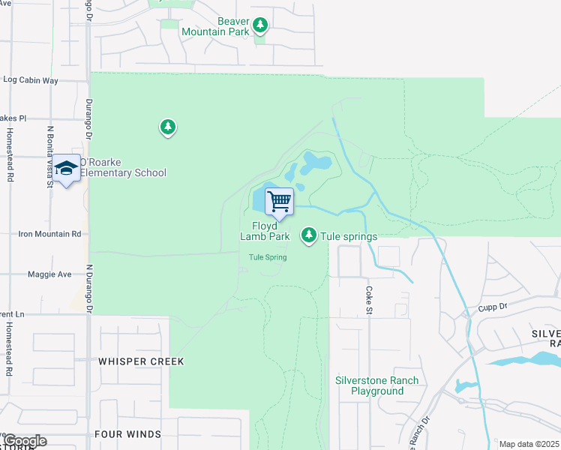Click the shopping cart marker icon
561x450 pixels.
279,201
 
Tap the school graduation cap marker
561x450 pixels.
67,168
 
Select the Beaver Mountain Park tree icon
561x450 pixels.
260,26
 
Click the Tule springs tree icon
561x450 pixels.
308,236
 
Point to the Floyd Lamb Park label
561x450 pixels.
265,231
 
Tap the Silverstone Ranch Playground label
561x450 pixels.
377,385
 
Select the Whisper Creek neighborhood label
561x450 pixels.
141,361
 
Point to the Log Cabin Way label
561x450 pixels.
31,79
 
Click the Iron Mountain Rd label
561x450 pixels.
40,234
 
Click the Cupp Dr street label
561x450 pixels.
493,307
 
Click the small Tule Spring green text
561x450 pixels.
268,258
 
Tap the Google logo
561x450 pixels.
24,441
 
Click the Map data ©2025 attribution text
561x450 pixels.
529,444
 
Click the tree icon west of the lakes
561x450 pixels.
168,127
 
